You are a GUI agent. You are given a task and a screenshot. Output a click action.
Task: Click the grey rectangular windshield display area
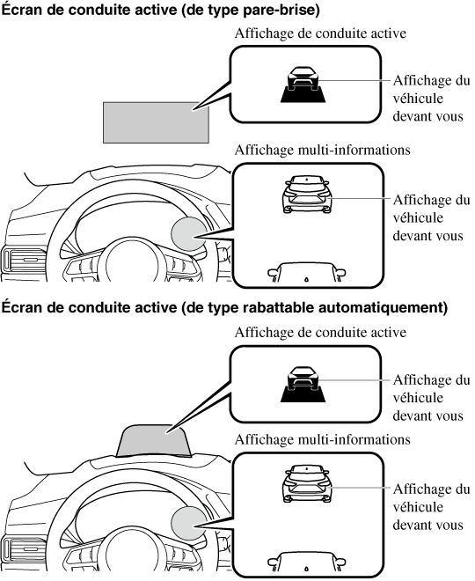click(x=156, y=122)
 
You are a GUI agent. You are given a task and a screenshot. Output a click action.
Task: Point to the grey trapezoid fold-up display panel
click(x=153, y=441)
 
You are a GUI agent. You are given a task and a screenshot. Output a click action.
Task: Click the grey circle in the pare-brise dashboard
click(x=188, y=234)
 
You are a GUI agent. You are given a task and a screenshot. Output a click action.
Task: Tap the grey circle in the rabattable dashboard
click(x=188, y=523)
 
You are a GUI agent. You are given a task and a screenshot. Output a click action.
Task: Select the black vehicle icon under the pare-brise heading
click(x=303, y=85)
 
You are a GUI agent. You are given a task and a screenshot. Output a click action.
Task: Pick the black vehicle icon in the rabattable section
click(x=303, y=384)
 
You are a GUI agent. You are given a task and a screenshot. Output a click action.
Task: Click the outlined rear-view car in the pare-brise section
click(x=307, y=195)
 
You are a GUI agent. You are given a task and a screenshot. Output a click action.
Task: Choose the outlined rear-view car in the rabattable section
click(x=307, y=483)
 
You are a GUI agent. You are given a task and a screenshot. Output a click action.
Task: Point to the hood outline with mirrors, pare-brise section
click(x=306, y=272)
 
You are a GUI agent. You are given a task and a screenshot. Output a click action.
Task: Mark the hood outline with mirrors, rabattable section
click(x=306, y=562)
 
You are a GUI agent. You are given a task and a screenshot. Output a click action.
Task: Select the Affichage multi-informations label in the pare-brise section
click(x=323, y=150)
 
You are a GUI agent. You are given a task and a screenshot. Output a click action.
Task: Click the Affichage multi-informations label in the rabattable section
click(x=323, y=439)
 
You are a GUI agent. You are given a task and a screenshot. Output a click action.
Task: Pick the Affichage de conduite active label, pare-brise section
click(x=320, y=33)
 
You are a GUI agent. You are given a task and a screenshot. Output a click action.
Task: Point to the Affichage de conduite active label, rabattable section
click(x=320, y=333)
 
